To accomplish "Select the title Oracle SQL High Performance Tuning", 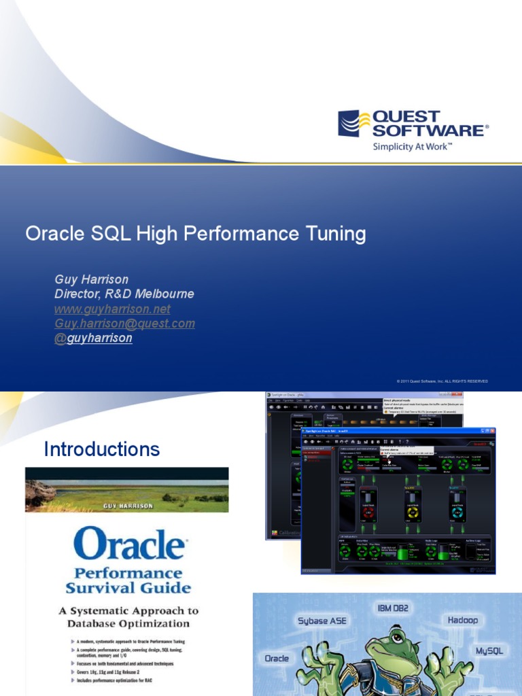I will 196,234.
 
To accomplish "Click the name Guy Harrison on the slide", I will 91,279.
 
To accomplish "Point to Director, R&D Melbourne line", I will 124,294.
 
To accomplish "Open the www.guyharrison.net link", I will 112,309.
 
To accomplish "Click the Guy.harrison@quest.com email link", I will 124,324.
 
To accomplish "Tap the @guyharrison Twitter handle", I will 93,338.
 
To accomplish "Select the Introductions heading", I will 102,449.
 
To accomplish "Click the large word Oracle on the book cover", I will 128,544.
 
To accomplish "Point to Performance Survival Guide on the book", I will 128,580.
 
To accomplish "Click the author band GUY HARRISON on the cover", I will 128,506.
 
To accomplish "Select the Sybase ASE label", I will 321,621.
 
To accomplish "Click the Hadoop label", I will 462,620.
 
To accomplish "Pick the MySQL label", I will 489,650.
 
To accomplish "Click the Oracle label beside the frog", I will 276,658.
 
